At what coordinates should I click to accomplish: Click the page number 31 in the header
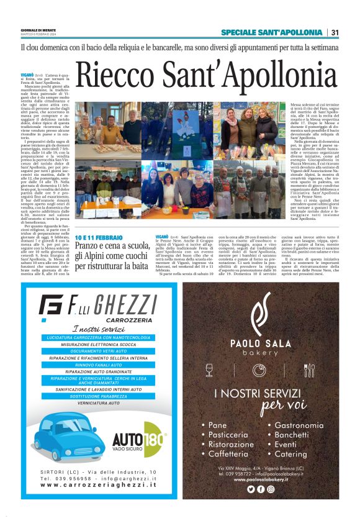click(x=335, y=32)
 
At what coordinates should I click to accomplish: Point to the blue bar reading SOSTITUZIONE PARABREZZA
click(x=97, y=396)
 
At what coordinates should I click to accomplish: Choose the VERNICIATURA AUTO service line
click(x=97, y=403)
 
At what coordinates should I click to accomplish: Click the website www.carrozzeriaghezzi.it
click(x=97, y=485)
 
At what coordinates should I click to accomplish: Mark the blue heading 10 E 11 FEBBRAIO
click(x=97, y=238)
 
